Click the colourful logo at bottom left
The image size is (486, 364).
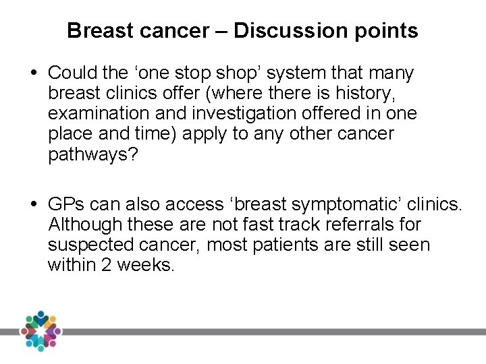tap(40, 331)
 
